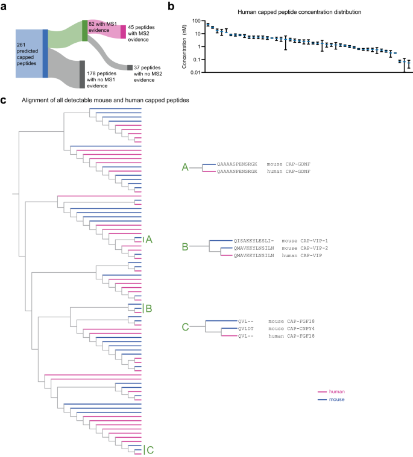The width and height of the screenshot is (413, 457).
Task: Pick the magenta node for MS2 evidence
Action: pyautogui.click(x=123, y=32)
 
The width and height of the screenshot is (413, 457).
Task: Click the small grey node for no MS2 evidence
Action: pyautogui.click(x=130, y=68)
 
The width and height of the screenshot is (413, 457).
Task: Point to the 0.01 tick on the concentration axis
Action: pyautogui.click(x=197, y=73)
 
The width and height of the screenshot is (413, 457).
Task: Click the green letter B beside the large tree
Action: pyautogui.click(x=149, y=309)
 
